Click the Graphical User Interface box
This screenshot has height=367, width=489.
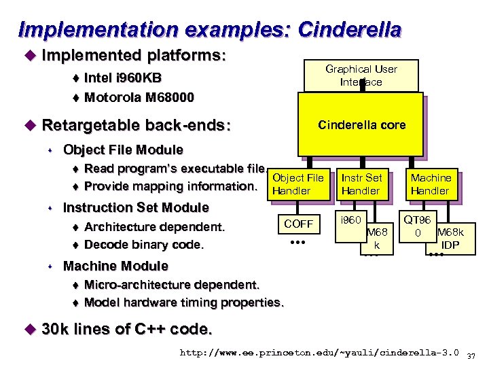[361, 75]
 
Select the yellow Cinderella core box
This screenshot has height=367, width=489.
[361, 124]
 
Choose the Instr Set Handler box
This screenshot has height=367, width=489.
[361, 184]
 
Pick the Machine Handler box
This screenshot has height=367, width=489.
[430, 184]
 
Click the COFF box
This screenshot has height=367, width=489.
[298, 224]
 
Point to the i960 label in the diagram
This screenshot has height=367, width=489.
[351, 220]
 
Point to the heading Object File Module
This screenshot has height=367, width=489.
[123, 150]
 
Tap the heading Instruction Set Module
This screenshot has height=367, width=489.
[136, 207]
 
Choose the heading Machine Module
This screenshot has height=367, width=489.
[115, 266]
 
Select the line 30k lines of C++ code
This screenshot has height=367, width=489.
[127, 330]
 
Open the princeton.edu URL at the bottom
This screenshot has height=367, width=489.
[319, 353]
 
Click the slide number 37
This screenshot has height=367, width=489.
[473, 355]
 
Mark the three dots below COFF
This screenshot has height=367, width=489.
[298, 243]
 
